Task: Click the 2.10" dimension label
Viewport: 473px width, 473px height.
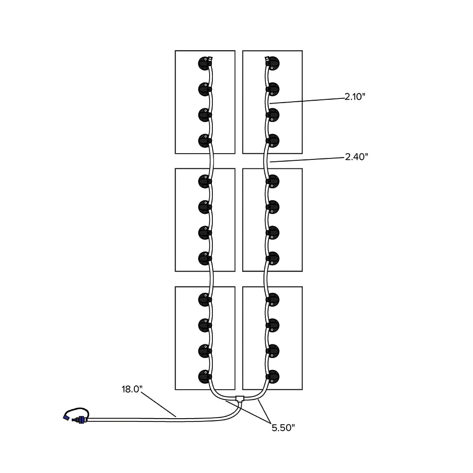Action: click(x=355, y=97)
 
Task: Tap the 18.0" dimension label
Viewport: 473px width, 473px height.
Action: click(x=132, y=389)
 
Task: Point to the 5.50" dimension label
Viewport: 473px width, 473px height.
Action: click(x=283, y=428)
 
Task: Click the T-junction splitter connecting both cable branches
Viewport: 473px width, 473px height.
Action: click(x=240, y=398)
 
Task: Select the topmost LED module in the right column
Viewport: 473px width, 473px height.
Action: click(x=272, y=63)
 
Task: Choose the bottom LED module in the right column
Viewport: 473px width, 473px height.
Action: click(x=272, y=377)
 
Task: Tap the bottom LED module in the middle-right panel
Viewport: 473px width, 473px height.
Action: click(x=272, y=258)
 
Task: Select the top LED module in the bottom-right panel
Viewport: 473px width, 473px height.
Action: click(x=272, y=299)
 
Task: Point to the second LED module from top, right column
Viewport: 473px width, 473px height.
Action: click(x=272, y=88)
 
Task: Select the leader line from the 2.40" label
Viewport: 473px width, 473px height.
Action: click(x=307, y=159)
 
